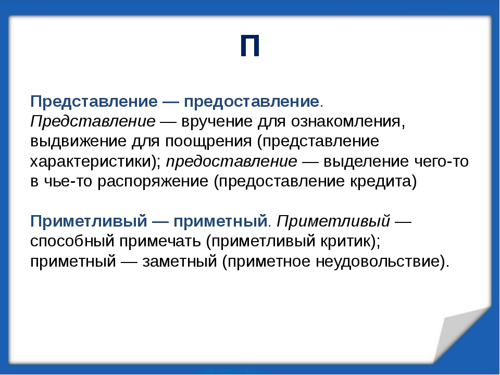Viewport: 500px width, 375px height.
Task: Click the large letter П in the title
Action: tap(250, 46)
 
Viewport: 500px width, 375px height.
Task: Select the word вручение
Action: tap(217, 121)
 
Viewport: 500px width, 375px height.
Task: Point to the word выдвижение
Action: tap(79, 141)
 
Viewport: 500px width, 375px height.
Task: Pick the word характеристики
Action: tap(93, 162)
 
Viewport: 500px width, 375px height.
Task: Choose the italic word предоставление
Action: tap(232, 161)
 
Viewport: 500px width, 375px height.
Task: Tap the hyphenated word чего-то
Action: tap(441, 161)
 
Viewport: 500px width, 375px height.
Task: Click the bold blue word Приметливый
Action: tap(89, 221)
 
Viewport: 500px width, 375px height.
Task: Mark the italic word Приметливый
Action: tap(333, 221)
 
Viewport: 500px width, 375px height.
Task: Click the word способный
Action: tap(72, 241)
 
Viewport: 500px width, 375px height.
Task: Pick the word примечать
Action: tap(160, 242)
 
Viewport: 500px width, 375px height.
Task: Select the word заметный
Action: tap(180, 261)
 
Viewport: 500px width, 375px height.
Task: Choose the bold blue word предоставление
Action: tap(252, 102)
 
